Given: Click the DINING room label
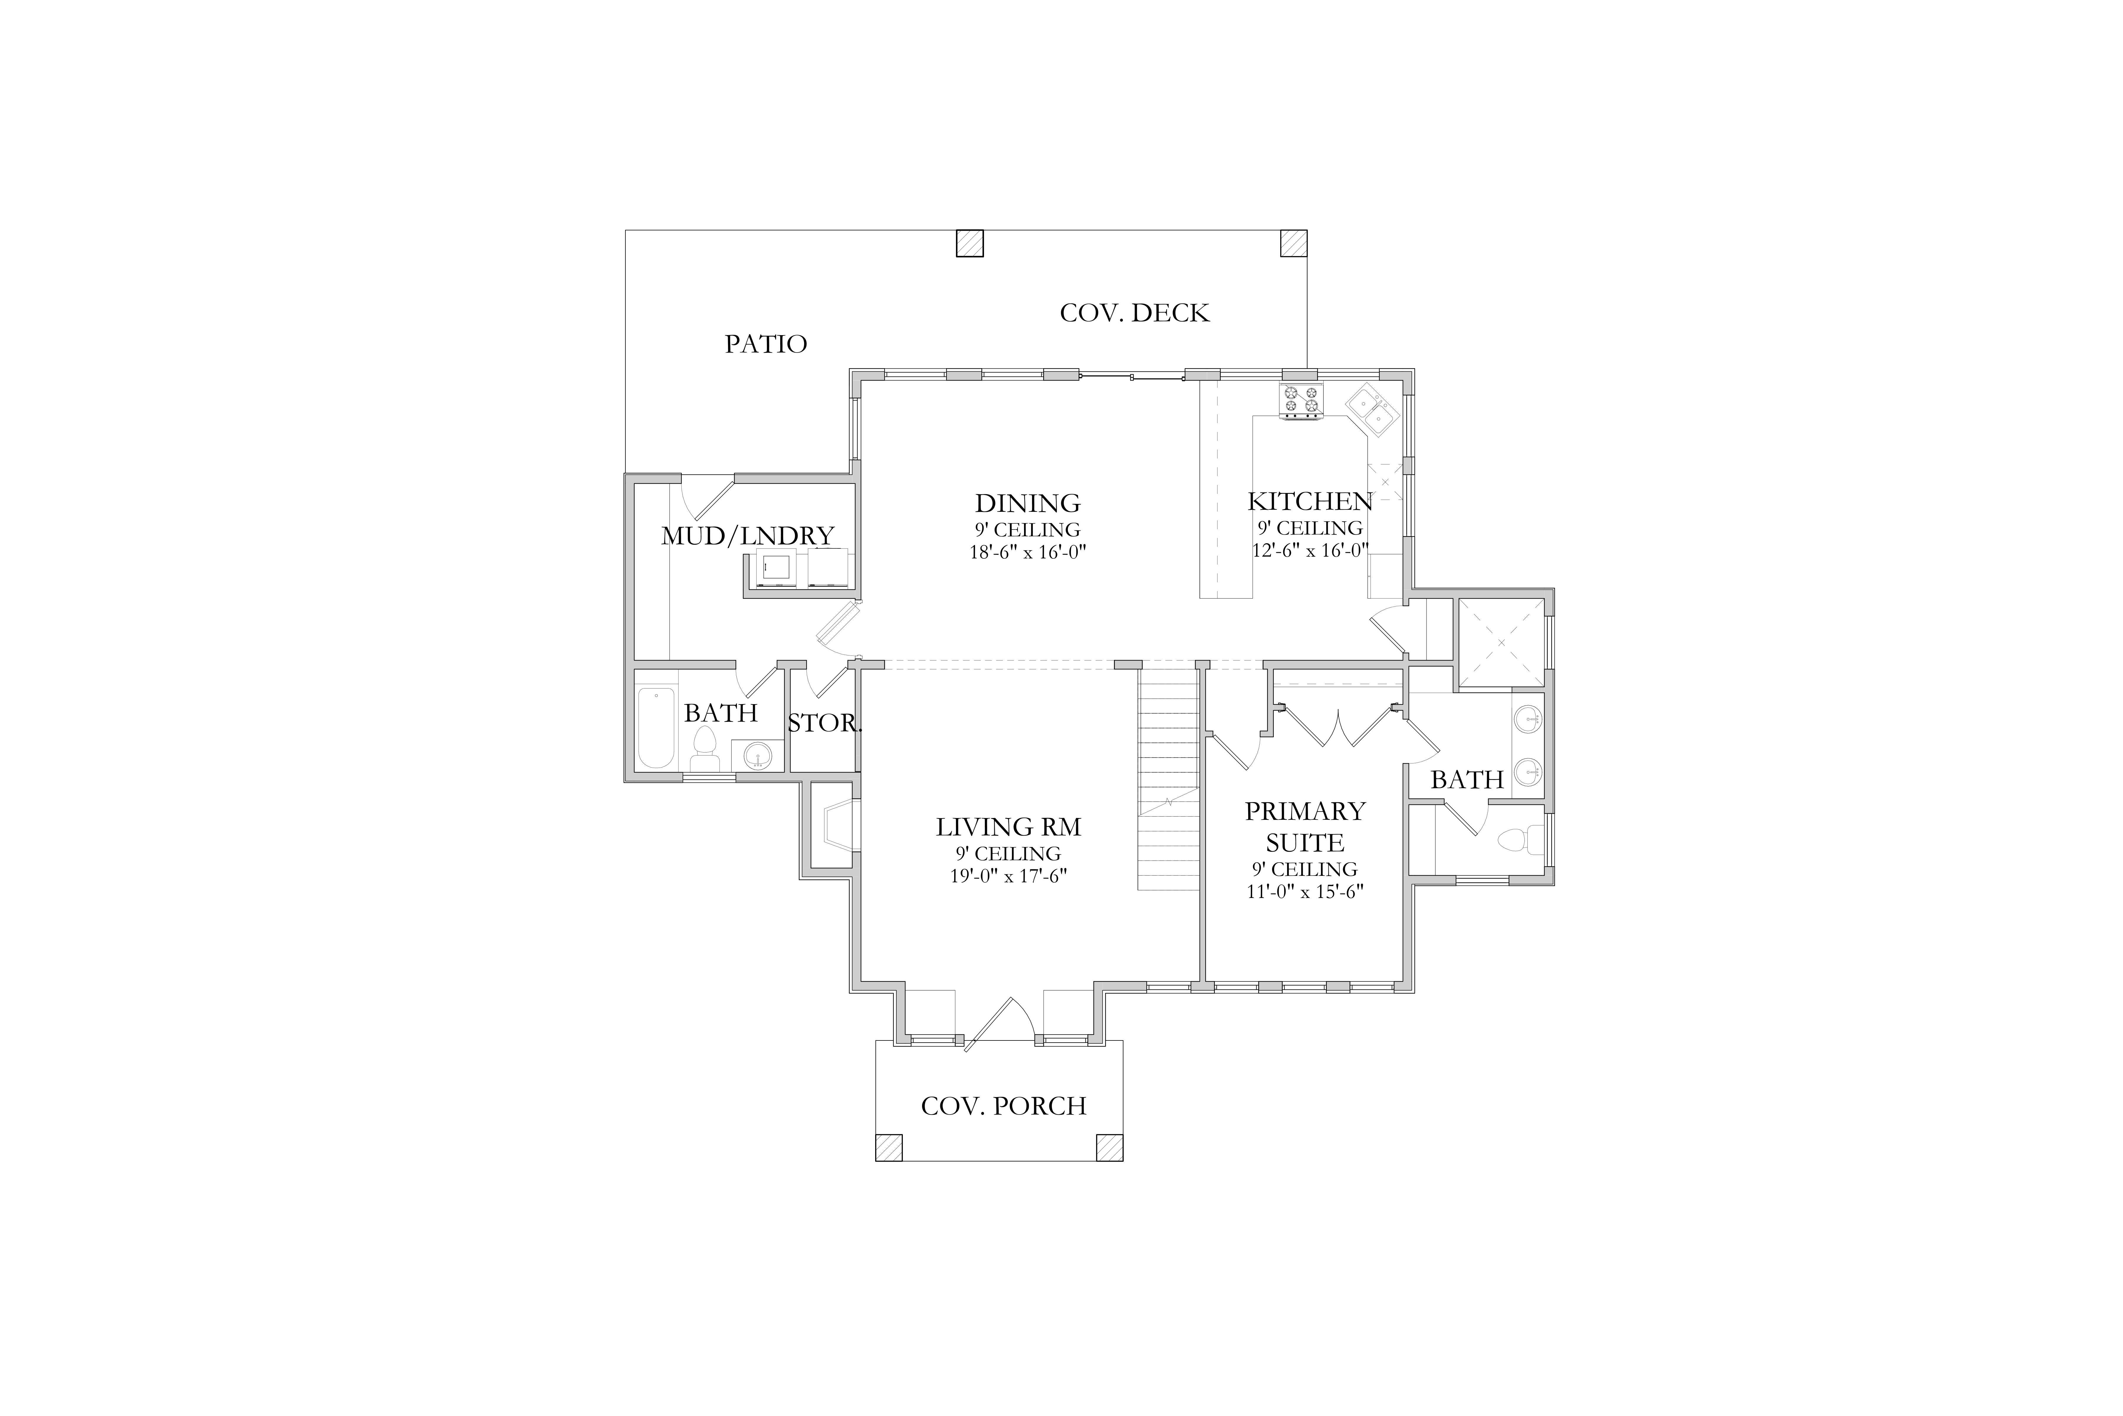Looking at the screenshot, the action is click(x=1027, y=503).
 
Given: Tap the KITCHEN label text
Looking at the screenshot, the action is click(x=1310, y=501).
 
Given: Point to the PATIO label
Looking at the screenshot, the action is click(x=765, y=344).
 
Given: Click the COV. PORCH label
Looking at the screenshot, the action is click(x=1004, y=1105).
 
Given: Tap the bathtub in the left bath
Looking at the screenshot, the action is click(x=656, y=727).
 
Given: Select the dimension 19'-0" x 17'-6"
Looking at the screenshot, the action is click(x=1008, y=876).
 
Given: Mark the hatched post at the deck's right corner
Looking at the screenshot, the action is click(x=1294, y=243).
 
